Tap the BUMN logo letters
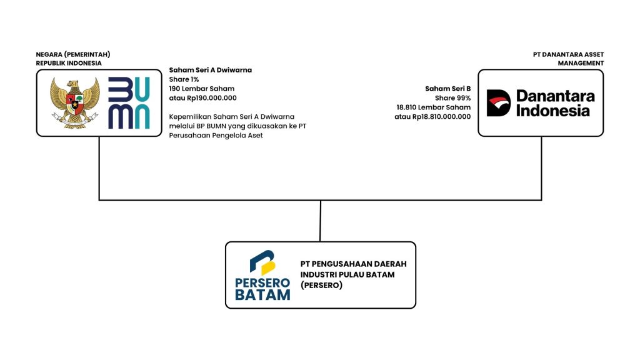[129, 102]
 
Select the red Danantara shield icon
[498, 103]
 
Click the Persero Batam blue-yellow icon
[262, 262]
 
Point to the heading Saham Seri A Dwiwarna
[210, 70]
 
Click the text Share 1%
[184, 79]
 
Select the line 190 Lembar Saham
[201, 89]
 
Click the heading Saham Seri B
[447, 89]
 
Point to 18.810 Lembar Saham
[433, 107]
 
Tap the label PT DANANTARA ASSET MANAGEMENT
[568, 59]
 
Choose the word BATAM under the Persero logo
[262, 294]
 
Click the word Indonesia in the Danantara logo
[552, 111]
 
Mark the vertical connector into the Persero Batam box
[320, 221]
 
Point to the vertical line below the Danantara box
[541, 167]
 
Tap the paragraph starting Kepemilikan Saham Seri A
[240, 126]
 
